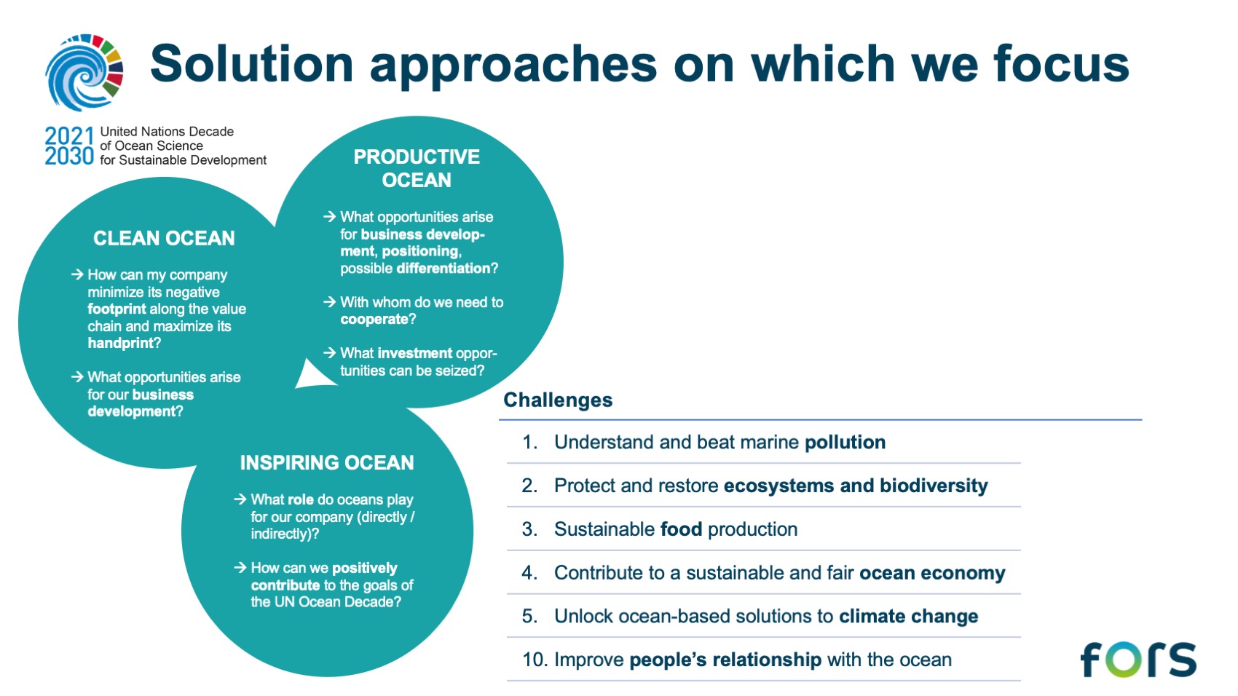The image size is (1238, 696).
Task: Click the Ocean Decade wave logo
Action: pos(84,72)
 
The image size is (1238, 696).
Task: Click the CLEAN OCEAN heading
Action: pos(164,238)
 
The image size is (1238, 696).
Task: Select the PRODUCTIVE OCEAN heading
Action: pos(417,168)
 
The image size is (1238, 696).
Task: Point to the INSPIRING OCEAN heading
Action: pos(327,462)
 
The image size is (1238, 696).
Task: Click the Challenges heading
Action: pos(558,400)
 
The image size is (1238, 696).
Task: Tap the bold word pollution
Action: pos(845,442)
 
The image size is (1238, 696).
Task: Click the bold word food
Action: pos(681,529)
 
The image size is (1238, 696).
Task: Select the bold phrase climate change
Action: pos(909,616)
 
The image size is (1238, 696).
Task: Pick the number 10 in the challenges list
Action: pos(535,660)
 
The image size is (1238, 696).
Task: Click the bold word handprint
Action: pos(120,343)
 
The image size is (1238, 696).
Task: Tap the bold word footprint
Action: pos(117,309)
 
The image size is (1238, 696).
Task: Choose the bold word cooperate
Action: pos(374,320)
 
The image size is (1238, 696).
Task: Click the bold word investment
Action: pos(415,353)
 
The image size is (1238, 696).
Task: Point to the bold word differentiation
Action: pos(443,269)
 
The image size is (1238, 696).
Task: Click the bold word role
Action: pos(301,499)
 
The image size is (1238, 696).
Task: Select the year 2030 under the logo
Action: pos(69,157)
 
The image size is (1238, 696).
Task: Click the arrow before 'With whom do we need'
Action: pos(329,302)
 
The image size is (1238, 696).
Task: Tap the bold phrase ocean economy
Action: pos(932,573)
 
